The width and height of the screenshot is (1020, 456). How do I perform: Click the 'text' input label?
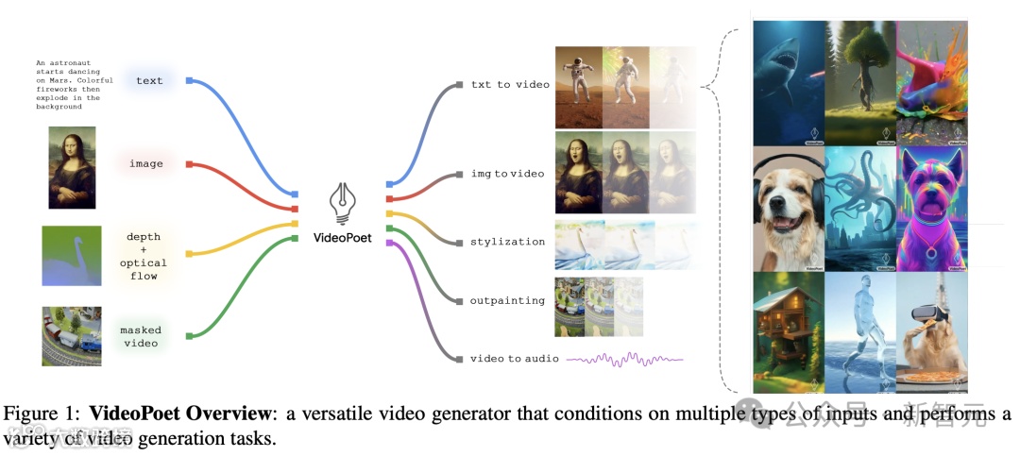coord(149,81)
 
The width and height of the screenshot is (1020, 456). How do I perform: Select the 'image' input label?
coord(146,164)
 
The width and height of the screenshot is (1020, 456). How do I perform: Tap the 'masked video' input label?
coord(141,336)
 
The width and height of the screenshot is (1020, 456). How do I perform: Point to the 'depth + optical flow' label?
coord(144,256)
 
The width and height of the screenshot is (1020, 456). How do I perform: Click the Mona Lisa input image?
coord(72,167)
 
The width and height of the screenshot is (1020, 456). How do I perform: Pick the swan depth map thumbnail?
coord(71,256)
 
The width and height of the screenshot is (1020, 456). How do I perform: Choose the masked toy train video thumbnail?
coord(71,336)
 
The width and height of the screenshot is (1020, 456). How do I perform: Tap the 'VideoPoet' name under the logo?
coord(342,238)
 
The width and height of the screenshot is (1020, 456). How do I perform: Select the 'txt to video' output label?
coord(510,85)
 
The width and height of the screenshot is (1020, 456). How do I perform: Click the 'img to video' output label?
coord(507,175)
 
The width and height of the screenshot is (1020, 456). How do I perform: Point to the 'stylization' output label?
coord(507,242)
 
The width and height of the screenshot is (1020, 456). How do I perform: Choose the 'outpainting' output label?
coord(507,301)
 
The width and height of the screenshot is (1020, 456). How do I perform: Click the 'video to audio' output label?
coord(514,359)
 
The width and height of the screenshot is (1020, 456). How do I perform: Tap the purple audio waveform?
coord(623,359)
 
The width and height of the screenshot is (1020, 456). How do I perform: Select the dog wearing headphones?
coord(788,209)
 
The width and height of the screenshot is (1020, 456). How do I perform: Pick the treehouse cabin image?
coord(788,330)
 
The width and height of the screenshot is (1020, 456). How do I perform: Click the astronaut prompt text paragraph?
coord(67,84)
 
